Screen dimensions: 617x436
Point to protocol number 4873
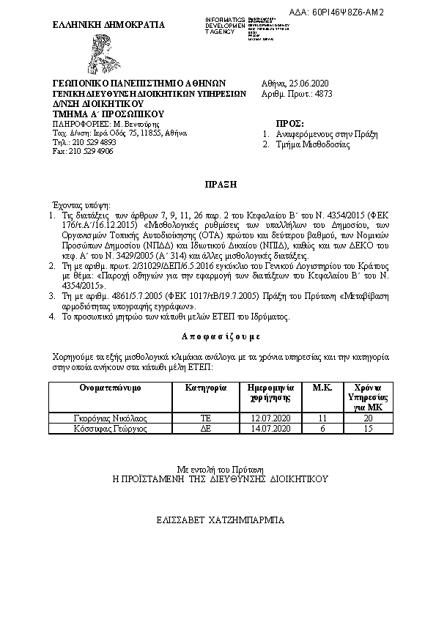(x=323, y=94)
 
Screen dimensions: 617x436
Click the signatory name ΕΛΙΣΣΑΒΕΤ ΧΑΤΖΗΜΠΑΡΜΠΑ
(x=220, y=520)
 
